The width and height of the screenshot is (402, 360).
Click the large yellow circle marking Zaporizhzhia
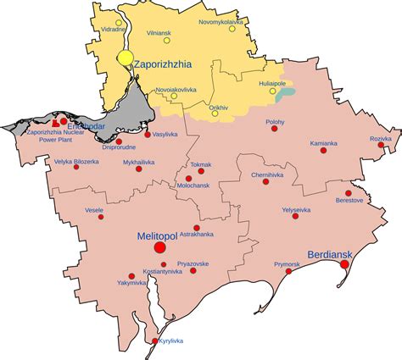(126, 58)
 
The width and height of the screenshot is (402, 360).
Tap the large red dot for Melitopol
(159, 247)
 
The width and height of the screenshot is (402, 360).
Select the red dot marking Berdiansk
(344, 264)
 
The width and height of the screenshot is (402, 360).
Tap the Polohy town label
(275, 123)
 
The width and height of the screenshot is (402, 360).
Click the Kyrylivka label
(171, 341)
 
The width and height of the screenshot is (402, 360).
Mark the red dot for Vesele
(100, 217)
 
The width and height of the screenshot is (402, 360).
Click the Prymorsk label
(288, 264)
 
